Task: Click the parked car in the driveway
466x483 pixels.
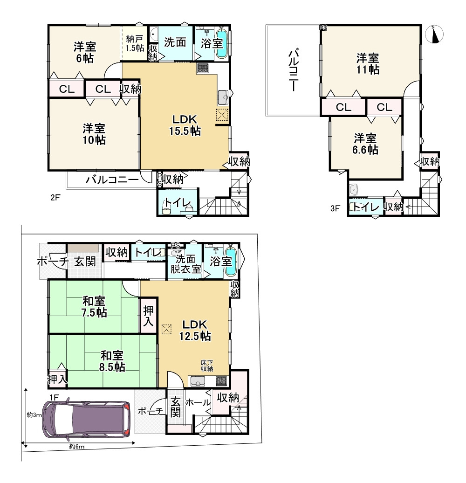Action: [87, 419]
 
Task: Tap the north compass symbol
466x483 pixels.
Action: [434, 34]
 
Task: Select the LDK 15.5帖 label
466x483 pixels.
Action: [185, 125]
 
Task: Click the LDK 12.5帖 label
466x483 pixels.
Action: [195, 330]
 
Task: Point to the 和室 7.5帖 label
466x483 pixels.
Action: [94, 307]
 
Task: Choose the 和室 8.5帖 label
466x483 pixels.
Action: [112, 361]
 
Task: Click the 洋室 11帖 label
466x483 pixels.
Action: [368, 64]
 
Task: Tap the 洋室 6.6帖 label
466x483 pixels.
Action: [365, 144]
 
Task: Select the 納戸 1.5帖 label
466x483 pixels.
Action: [135, 43]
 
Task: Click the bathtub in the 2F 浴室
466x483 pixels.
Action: [222, 43]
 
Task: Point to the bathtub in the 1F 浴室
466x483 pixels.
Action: [231, 262]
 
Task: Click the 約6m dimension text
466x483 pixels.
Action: [76, 446]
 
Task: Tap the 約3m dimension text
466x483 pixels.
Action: [34, 415]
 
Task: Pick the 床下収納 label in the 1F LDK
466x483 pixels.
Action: [207, 366]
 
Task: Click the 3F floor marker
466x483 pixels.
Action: [335, 208]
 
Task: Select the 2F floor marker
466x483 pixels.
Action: [55, 198]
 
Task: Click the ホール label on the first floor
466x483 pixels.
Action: [198, 402]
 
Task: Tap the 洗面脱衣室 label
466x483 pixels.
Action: [185, 264]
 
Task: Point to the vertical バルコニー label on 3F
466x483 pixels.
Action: [293, 70]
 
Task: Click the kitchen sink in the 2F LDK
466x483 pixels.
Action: [223, 97]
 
